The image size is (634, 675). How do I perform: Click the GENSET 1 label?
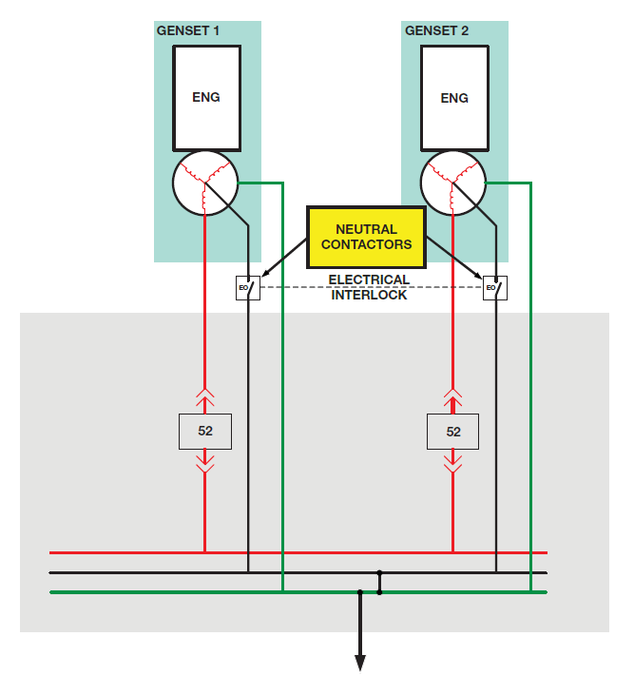point(187,31)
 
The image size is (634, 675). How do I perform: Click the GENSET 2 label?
point(436,31)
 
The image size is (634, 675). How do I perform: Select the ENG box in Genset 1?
point(205,97)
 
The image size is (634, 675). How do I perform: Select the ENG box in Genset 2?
point(454,97)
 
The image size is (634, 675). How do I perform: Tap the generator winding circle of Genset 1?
point(205,183)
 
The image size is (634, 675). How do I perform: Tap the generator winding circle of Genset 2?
point(453,183)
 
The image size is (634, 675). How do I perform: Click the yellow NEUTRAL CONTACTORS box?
point(366,237)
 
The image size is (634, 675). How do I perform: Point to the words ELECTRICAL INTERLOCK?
point(369,287)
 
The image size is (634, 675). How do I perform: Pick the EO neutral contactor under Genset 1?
point(247,286)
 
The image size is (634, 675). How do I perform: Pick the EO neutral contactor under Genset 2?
point(495,286)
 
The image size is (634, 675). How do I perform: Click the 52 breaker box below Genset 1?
point(205,431)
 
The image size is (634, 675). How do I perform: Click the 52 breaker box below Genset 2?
point(453,431)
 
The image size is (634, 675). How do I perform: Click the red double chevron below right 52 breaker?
point(453,463)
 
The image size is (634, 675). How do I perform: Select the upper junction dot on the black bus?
point(379,572)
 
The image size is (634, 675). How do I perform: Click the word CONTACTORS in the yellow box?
point(366,244)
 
